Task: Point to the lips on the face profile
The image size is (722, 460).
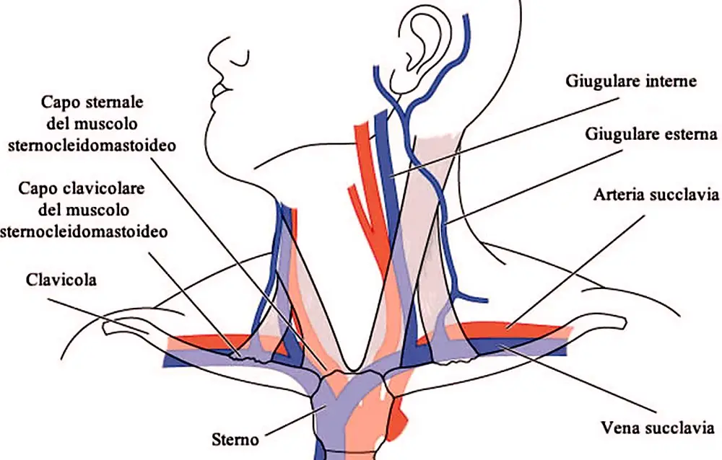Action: coord(219,89)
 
